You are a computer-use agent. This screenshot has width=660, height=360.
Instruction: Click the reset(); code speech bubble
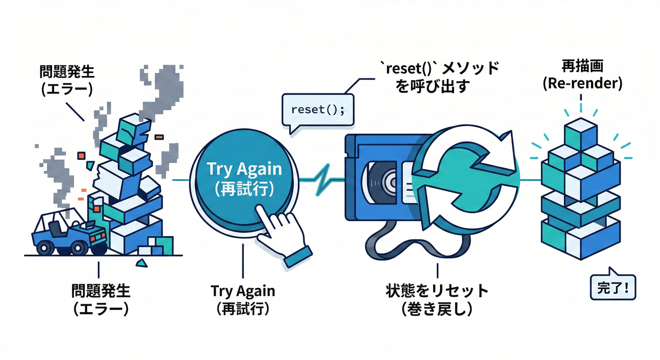(x=317, y=110)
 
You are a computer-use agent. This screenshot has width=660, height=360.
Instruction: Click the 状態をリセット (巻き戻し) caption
(x=436, y=300)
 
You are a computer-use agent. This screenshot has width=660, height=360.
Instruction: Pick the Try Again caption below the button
(x=243, y=300)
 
